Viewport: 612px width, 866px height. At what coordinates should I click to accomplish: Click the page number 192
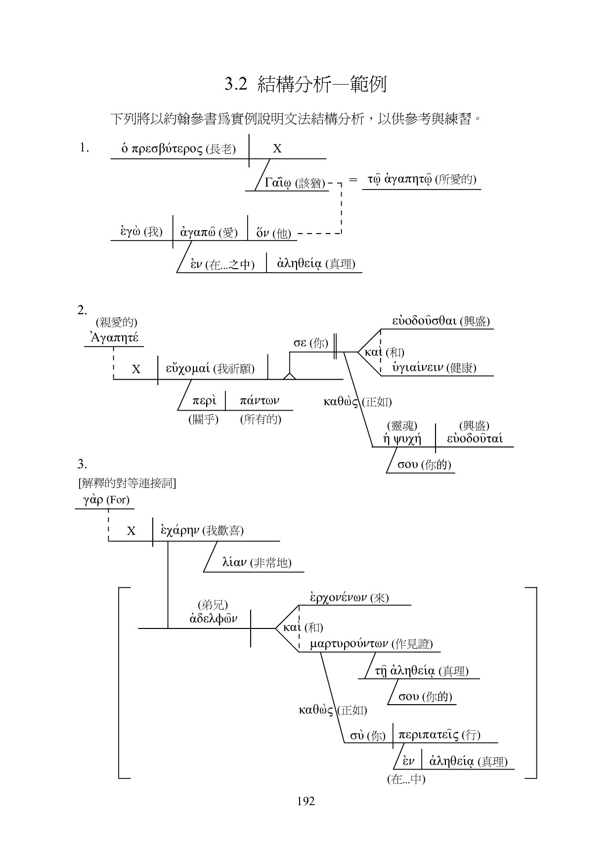coord(306,801)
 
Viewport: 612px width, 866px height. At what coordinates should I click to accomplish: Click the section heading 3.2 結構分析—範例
coord(305,84)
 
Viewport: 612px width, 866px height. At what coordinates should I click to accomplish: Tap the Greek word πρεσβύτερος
coord(168,148)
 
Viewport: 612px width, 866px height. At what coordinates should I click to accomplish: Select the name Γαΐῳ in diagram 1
coord(278,183)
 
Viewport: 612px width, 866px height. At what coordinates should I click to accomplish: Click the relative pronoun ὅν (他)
coord(263,233)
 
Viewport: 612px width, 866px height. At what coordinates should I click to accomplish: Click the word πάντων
coord(260,400)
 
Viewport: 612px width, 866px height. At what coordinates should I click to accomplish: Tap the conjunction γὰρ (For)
coord(93,500)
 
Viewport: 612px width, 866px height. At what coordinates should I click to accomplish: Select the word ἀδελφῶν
coord(214,619)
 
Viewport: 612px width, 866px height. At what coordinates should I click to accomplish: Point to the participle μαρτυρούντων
coord(349,644)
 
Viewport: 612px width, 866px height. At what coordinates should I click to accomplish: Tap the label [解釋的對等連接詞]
coord(127,482)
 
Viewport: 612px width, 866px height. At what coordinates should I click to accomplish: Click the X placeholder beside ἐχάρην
coord(131,531)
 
